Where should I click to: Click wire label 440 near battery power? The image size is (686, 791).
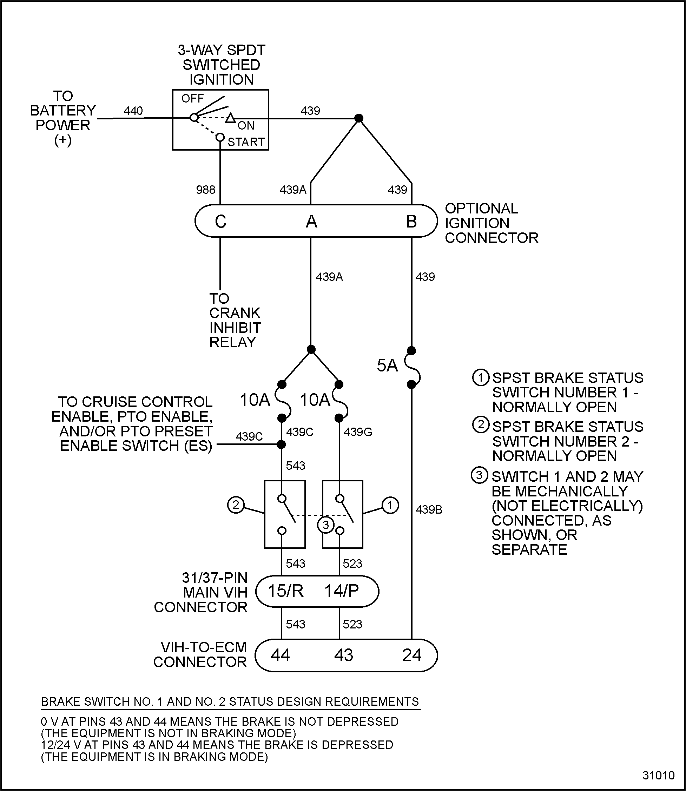click(133, 111)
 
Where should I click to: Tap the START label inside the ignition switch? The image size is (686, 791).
click(246, 142)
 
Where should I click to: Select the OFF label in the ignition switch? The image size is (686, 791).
click(192, 99)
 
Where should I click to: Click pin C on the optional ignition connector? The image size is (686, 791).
click(220, 222)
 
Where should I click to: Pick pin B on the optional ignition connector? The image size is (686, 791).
click(411, 222)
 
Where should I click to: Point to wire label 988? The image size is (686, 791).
click(206, 190)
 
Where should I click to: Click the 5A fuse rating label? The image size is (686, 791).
click(387, 365)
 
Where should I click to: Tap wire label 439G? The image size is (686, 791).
click(357, 432)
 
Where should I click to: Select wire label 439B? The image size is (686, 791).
click(429, 509)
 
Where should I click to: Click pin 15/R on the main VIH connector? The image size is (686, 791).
click(285, 591)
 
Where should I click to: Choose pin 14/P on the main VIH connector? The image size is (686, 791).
click(342, 591)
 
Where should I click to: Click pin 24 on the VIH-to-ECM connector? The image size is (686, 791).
click(411, 655)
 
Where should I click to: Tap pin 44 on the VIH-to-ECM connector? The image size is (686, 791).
click(280, 655)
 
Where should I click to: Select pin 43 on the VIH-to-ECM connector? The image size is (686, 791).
click(343, 655)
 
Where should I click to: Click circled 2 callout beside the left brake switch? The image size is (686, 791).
click(236, 505)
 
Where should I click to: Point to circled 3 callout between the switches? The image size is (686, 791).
click(326, 525)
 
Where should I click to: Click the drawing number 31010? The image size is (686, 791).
click(658, 775)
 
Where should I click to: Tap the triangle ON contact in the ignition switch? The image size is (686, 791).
click(230, 118)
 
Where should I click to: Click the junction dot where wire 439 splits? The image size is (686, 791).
click(358, 118)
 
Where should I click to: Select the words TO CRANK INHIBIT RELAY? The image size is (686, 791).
click(235, 321)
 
